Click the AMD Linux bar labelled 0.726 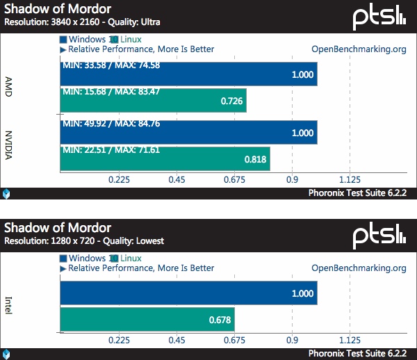(x=153, y=100)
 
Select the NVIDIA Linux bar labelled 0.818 (x=165, y=158)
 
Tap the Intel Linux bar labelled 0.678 (x=147, y=320)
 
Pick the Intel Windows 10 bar (x=189, y=293)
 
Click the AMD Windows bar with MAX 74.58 (x=189, y=74)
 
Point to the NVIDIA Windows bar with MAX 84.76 (x=189, y=132)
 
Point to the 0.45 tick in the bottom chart (x=177, y=341)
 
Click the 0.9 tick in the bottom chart (x=292, y=341)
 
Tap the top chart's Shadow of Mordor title (x=56, y=9)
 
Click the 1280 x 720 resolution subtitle (x=84, y=241)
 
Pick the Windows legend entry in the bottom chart (x=87, y=259)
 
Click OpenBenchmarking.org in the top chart (x=359, y=49)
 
